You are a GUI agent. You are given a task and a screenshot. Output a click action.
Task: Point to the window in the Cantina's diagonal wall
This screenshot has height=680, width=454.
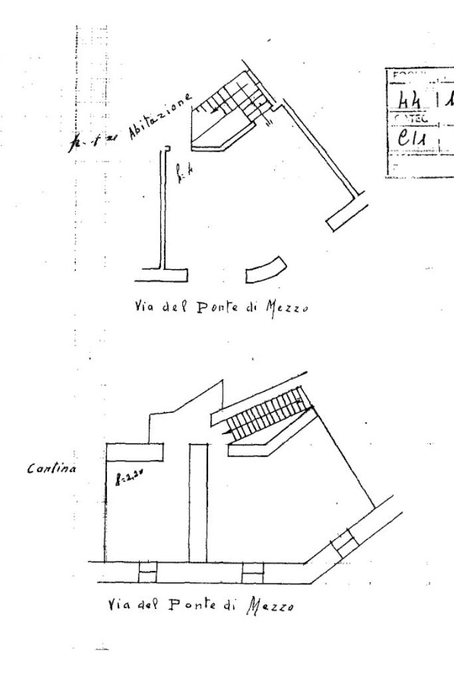coord(344,542)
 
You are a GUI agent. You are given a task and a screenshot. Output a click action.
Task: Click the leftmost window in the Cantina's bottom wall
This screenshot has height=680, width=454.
coord(147,572)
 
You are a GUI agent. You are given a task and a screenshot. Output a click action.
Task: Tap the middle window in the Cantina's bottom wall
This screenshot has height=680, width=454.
coord(253,572)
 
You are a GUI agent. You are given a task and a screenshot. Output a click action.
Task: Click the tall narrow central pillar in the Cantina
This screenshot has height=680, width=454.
coord(198,503)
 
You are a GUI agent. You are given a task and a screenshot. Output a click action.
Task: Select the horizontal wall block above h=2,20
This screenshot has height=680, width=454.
coord(136,451)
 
